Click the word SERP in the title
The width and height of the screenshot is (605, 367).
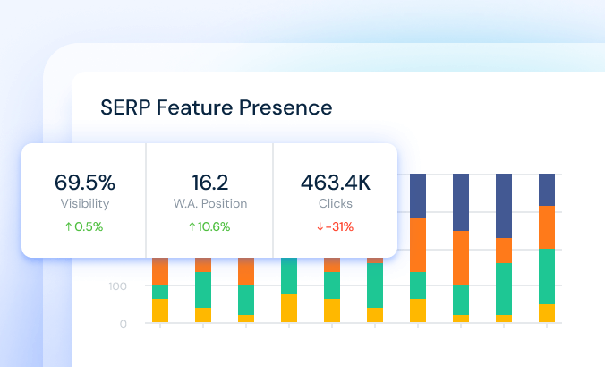click(125, 107)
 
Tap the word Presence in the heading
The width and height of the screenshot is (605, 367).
click(285, 107)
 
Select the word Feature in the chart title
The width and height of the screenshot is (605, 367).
click(194, 107)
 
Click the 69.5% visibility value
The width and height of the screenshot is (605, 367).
click(84, 182)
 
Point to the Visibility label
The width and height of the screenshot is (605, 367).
click(85, 203)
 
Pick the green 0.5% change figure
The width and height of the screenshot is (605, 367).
click(89, 226)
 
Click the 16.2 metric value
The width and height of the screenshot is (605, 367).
click(210, 182)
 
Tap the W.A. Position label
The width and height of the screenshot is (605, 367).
click(210, 203)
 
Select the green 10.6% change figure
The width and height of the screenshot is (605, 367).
click(214, 226)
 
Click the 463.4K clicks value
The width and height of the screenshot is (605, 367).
click(336, 182)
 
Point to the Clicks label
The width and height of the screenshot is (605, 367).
click(336, 203)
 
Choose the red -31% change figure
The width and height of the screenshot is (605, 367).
click(339, 226)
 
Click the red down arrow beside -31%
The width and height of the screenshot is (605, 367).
click(320, 227)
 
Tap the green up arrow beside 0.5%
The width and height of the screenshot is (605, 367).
click(69, 227)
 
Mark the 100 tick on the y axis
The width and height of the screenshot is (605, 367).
click(117, 286)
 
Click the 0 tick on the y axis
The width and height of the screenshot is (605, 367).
click(124, 324)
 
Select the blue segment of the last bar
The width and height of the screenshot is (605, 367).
click(547, 190)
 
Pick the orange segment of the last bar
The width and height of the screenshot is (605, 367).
click(547, 227)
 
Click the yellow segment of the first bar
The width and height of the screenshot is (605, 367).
click(160, 311)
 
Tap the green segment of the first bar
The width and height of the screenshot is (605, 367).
click(160, 292)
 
